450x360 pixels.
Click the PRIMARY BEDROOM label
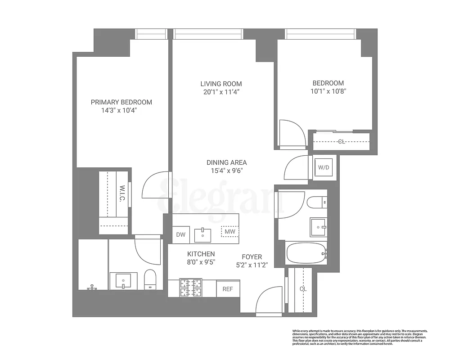pos(121,102)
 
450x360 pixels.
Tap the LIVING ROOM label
pos(221,84)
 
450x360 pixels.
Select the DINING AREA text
pos(226,162)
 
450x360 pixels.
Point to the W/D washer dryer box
pos(324,168)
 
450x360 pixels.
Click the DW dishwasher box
pos(180,234)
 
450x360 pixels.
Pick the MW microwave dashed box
pos(230,232)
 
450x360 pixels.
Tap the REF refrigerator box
pos(228,289)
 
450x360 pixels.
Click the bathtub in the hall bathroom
pos(306,254)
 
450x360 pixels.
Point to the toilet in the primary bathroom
pos(149,280)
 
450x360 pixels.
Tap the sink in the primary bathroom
pos(122,281)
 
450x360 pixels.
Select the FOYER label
pos(252,257)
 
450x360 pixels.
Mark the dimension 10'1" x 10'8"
pos(328,91)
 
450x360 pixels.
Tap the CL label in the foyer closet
pos(303,289)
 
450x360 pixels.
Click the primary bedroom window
pos(152,34)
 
